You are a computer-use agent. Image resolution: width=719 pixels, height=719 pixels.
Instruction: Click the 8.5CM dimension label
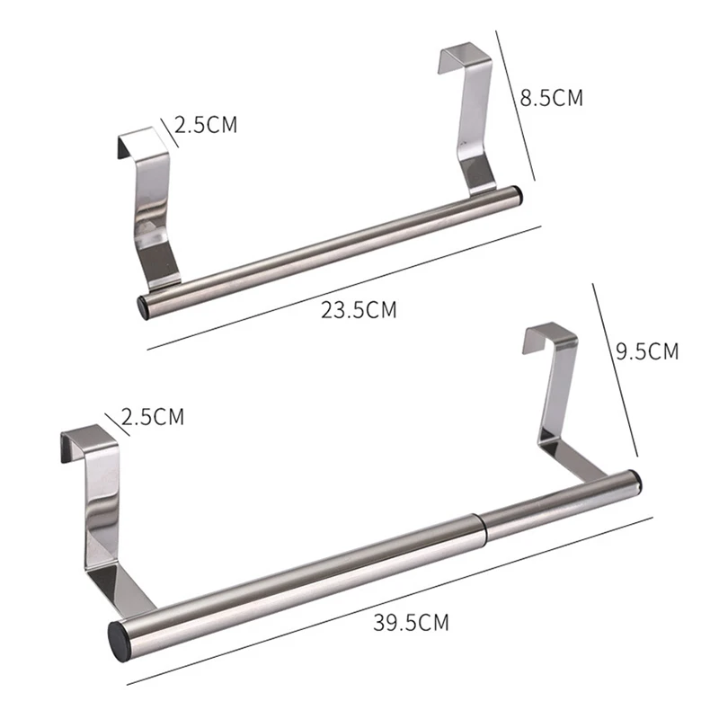(x=551, y=98)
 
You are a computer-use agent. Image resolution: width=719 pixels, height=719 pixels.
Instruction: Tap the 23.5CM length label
(x=359, y=309)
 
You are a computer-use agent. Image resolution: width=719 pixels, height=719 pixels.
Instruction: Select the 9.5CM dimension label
(x=647, y=351)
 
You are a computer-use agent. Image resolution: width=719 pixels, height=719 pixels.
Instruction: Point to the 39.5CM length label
(x=411, y=623)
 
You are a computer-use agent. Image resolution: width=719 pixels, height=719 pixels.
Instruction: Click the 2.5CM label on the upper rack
(x=206, y=124)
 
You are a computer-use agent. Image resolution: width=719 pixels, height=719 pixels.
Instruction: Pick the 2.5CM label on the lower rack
(x=153, y=417)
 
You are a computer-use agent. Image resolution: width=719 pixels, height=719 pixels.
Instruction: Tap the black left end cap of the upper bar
(x=144, y=307)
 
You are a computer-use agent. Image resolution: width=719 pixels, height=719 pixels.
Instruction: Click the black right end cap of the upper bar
(x=518, y=194)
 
